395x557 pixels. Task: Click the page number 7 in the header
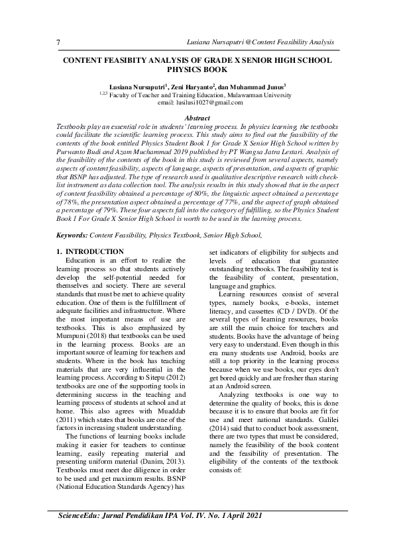58,42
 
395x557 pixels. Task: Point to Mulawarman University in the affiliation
262,95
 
